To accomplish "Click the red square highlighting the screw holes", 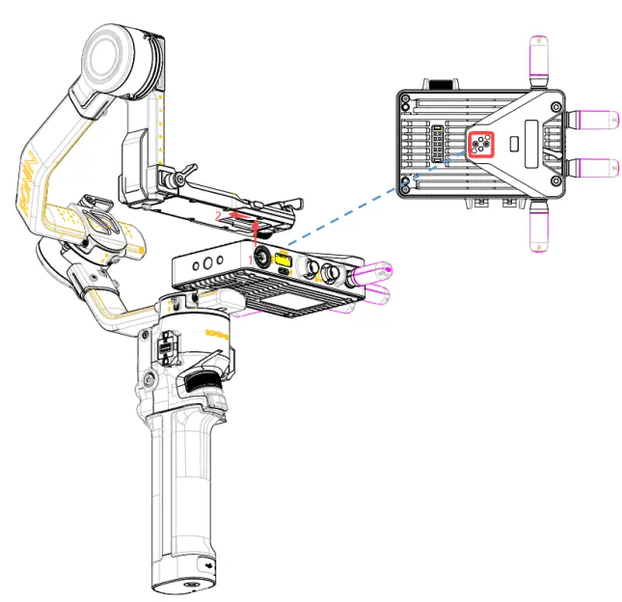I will click(x=480, y=145).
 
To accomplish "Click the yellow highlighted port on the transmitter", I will click(x=284, y=260).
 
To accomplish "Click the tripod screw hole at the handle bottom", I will click(x=186, y=585).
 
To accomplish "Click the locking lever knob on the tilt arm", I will click(x=172, y=179).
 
